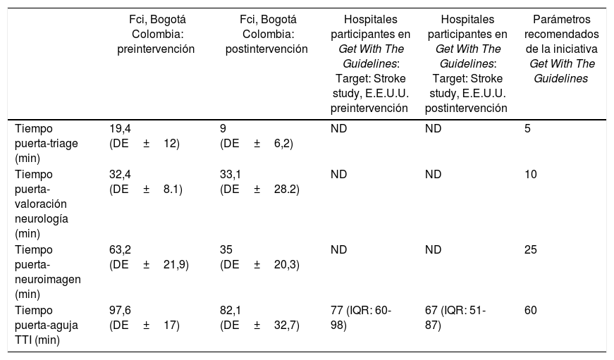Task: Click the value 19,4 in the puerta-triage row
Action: click(x=120, y=129)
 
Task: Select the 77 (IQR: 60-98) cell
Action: click(x=361, y=318)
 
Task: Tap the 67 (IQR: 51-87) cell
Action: click(x=455, y=318)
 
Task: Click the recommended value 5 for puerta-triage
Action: click(x=527, y=129)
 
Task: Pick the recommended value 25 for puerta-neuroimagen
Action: click(x=531, y=249)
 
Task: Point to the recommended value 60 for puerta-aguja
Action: click(x=531, y=310)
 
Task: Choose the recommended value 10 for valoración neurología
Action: click(x=531, y=174)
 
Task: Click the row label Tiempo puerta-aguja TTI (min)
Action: click(x=47, y=325)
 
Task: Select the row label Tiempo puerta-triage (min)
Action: click(x=47, y=144)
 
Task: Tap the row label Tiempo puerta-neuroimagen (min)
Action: click(x=48, y=272)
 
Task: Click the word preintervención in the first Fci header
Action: click(x=156, y=49)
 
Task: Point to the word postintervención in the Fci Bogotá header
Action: click(x=266, y=49)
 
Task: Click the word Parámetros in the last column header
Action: click(x=562, y=19)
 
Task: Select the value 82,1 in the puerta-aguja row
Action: click(x=231, y=310)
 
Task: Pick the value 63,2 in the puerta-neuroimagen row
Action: click(x=120, y=249)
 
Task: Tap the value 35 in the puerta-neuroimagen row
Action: click(x=226, y=249)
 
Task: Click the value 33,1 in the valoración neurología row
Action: click(x=231, y=174)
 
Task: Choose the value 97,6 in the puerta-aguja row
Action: click(x=120, y=310)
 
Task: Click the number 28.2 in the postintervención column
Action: click(x=285, y=190)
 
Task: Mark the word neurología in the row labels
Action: click(x=42, y=218)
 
